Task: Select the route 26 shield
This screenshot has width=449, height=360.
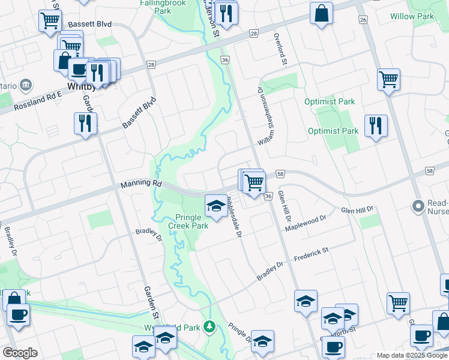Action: pyautogui.click(x=363, y=20)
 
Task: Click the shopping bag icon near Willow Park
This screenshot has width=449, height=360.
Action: pyautogui.click(x=322, y=13)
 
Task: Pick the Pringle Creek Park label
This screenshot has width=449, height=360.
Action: pyautogui.click(x=192, y=221)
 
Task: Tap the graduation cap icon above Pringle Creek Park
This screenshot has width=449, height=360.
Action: pyautogui.click(x=216, y=206)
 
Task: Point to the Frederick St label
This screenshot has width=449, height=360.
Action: pyautogui.click(x=312, y=254)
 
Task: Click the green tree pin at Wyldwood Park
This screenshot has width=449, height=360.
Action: pyautogui.click(x=209, y=326)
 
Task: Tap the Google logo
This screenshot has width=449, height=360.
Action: pyautogui.click(x=20, y=353)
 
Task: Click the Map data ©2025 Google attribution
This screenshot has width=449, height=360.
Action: pyautogui.click(x=412, y=355)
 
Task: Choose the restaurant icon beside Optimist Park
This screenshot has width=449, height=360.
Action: pyautogui.click(x=376, y=125)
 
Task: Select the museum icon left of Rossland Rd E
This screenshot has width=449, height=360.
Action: pyautogui.click(x=26, y=85)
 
